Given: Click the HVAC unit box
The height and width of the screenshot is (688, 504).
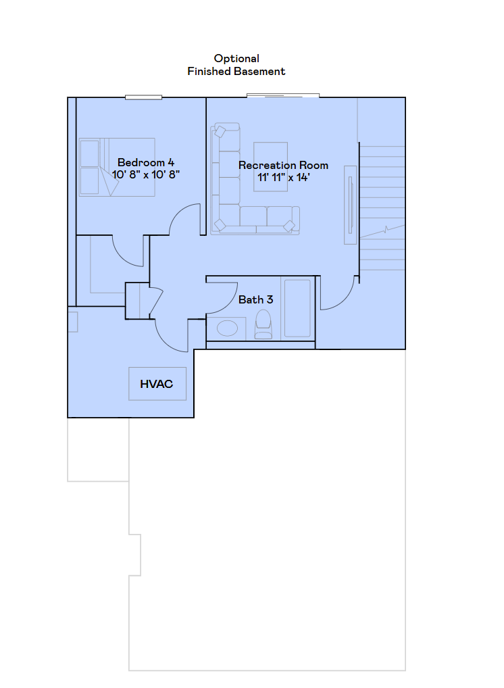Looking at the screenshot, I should pyautogui.click(x=157, y=384).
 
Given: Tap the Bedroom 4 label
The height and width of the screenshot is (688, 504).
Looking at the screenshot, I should pyautogui.click(x=146, y=162).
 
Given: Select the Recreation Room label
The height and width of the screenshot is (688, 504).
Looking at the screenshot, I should pyautogui.click(x=283, y=166).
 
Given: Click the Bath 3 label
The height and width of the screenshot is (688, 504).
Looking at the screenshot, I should pyautogui.click(x=251, y=299).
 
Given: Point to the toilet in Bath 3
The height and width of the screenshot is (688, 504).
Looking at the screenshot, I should pyautogui.click(x=263, y=325).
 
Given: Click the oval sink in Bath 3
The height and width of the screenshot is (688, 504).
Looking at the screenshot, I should pyautogui.click(x=227, y=328).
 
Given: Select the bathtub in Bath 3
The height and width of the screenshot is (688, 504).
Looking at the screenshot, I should pyautogui.click(x=297, y=308).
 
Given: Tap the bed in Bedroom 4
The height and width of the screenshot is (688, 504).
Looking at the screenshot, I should pyautogui.click(x=101, y=167).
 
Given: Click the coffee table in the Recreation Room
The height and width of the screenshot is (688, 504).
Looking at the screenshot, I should pyautogui.click(x=270, y=166).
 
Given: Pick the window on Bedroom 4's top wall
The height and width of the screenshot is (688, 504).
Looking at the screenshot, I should pyautogui.click(x=143, y=97).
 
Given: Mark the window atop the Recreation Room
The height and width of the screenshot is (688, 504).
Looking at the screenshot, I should pyautogui.click(x=282, y=95).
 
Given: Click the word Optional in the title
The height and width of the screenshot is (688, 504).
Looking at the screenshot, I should pyautogui.click(x=236, y=59).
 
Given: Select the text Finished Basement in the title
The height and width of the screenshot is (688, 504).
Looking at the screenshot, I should pyautogui.click(x=236, y=71).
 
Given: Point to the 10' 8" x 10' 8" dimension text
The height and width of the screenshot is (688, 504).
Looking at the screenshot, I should pyautogui.click(x=146, y=174).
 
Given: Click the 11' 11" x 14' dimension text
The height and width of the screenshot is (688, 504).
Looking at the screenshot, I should pyautogui.click(x=283, y=178).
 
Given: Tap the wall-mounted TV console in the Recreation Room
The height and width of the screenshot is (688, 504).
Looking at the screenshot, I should pyautogui.click(x=350, y=204).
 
